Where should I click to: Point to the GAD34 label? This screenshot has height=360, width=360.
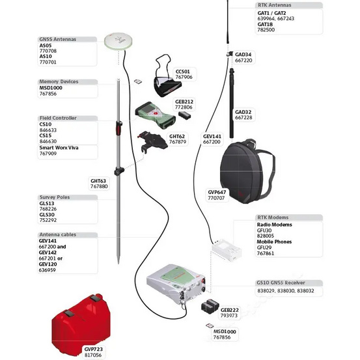pyautogui.click(x=243, y=55)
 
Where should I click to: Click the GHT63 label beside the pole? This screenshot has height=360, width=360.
pyautogui.click(x=98, y=181)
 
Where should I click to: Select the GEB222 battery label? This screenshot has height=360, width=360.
pyautogui.click(x=230, y=310)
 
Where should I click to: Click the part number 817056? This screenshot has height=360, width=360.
pyautogui.click(x=94, y=355)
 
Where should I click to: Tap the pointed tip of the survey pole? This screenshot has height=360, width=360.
pyautogui.click(x=118, y=262)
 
